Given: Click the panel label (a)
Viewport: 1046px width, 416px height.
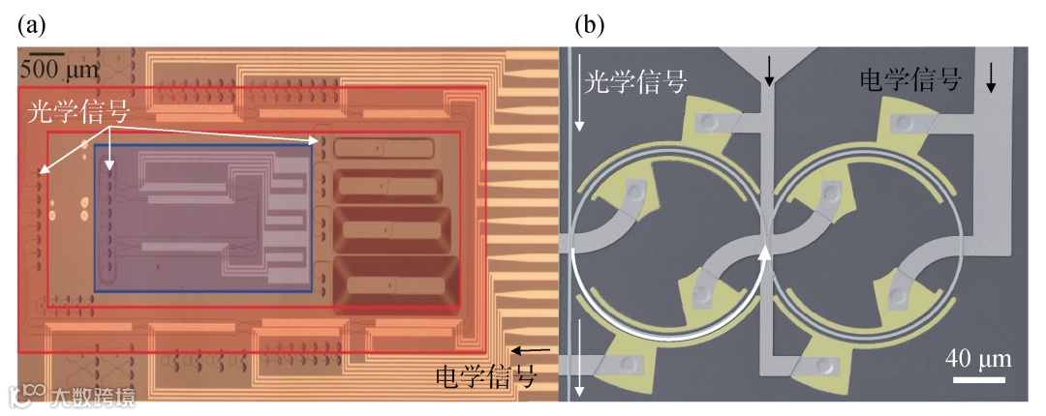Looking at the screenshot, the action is [x=31, y=26].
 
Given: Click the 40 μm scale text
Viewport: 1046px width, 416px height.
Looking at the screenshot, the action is [x=978, y=359].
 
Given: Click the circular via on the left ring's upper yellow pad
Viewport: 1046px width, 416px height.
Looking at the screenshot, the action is [x=711, y=123].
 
